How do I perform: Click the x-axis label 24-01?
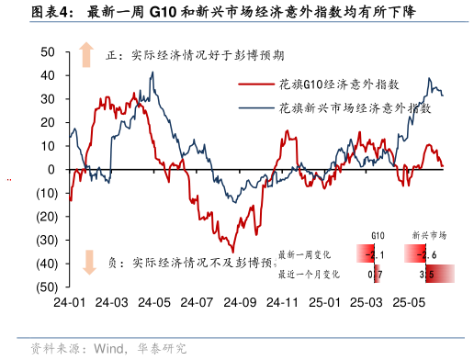pos(70,302)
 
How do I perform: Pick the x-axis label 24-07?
pos(197,302)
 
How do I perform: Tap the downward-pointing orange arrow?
pos(88,263)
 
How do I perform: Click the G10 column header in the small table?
pos(377,236)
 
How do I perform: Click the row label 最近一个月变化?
pos(309,274)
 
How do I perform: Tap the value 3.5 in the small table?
pos(426,274)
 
